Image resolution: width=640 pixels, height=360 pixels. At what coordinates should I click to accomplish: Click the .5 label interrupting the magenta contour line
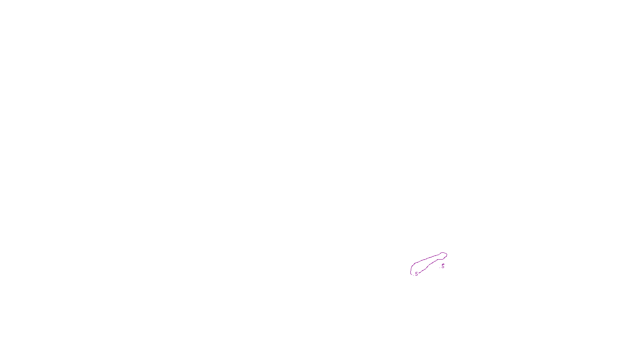pos(416,274)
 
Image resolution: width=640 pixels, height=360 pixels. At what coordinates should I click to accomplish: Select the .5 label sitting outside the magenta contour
pos(442,266)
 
